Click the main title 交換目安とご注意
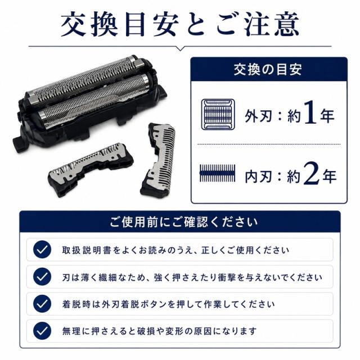click(180, 24)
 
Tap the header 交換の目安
click(268, 70)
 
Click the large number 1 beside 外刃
click(310, 112)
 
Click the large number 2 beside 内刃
click(312, 173)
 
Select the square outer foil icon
click(218, 114)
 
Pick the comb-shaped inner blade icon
click(218, 173)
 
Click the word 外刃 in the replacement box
click(258, 116)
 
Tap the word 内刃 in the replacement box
click(258, 176)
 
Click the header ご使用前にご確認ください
click(183, 222)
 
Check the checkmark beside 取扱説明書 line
click(42, 250)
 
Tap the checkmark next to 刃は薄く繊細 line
click(42, 277)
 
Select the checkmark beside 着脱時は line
click(42, 304)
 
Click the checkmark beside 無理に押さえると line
click(42, 331)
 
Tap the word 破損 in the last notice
click(146, 331)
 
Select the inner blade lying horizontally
click(91, 169)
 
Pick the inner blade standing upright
click(158, 160)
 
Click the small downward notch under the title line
click(181, 48)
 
